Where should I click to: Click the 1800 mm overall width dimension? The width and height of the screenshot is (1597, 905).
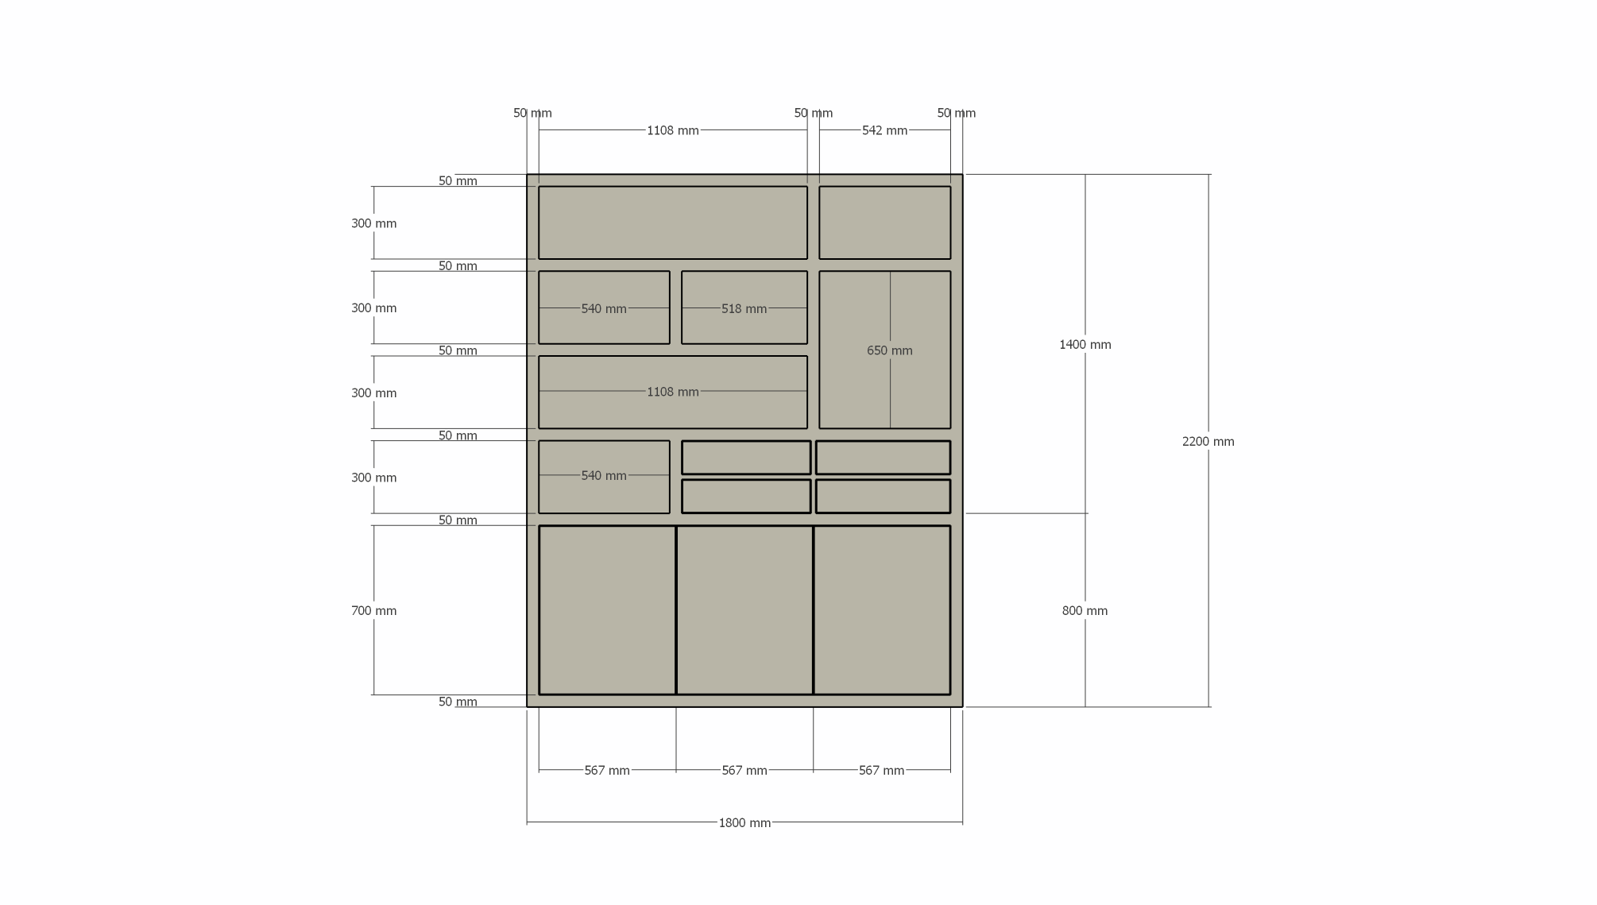(x=744, y=822)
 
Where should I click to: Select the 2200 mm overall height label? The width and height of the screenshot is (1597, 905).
(x=1208, y=442)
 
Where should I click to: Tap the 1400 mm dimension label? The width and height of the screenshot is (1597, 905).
(x=1085, y=344)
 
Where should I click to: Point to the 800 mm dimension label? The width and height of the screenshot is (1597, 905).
(x=1085, y=610)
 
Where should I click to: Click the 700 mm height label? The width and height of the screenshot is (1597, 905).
(x=373, y=610)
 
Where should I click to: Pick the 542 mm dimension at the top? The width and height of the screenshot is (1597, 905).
(x=884, y=130)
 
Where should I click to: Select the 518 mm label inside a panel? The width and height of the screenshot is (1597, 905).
(x=744, y=308)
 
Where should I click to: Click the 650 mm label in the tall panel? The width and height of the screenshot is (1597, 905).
(x=889, y=350)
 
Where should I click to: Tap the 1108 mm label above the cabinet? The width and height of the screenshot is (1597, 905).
(x=672, y=130)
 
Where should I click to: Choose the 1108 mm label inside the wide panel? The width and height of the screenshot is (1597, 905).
(x=672, y=392)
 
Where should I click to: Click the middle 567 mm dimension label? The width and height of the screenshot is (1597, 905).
(x=744, y=770)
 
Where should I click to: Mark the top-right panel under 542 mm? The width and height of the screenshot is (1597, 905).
(x=884, y=222)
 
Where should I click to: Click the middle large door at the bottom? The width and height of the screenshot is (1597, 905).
(x=744, y=610)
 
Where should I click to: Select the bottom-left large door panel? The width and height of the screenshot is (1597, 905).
(x=607, y=610)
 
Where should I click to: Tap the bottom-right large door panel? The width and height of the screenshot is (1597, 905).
(x=882, y=610)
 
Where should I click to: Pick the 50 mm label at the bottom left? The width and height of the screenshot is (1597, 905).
(x=458, y=702)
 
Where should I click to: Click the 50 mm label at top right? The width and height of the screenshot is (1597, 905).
(x=956, y=113)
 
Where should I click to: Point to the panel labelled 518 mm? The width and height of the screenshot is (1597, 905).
(x=744, y=307)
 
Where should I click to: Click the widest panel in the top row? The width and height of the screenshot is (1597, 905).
(x=672, y=222)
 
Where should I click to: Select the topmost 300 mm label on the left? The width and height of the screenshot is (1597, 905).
(x=373, y=223)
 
